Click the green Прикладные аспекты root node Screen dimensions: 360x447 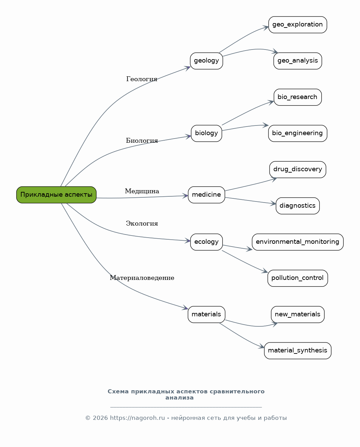point(56,195)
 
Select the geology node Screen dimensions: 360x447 point(207,61)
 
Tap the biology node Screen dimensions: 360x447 point(207,133)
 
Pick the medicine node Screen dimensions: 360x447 point(207,195)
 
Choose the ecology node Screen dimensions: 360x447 point(207,242)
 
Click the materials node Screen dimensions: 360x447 point(207,315)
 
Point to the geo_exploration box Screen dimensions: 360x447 point(298,25)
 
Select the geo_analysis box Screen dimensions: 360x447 point(298,61)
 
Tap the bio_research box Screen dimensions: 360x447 point(298,97)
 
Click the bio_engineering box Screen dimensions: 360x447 point(298,133)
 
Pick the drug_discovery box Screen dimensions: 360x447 point(298,170)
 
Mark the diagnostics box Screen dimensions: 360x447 point(298,206)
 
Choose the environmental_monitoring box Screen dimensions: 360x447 point(298,242)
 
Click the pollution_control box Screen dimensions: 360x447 point(298,278)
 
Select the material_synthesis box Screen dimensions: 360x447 point(298,351)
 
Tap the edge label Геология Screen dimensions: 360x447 point(142,79)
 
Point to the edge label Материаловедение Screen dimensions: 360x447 point(142,278)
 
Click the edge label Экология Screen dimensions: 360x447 point(142,223)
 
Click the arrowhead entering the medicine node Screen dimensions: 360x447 point(185,196)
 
